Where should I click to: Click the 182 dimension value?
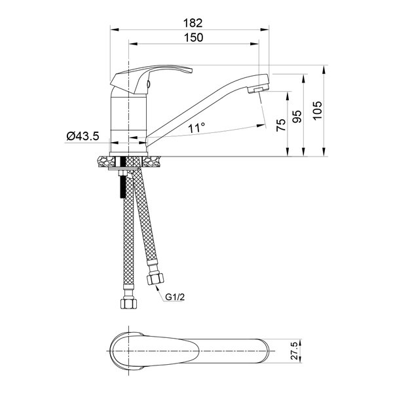pyautogui.click(x=193, y=23)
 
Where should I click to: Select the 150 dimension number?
pyautogui.click(x=193, y=37)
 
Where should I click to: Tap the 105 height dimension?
pyautogui.click(x=317, y=111)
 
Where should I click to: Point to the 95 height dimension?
pyautogui.click(x=297, y=117)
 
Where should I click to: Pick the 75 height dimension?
pyautogui.click(x=281, y=125)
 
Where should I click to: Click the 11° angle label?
pyautogui.click(x=196, y=128)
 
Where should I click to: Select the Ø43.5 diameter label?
pyautogui.click(x=83, y=136)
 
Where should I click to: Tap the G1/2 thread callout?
pyautogui.click(x=175, y=297)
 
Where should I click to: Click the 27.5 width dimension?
pyautogui.click(x=294, y=350)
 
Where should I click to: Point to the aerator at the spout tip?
pyautogui.click(x=258, y=90)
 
